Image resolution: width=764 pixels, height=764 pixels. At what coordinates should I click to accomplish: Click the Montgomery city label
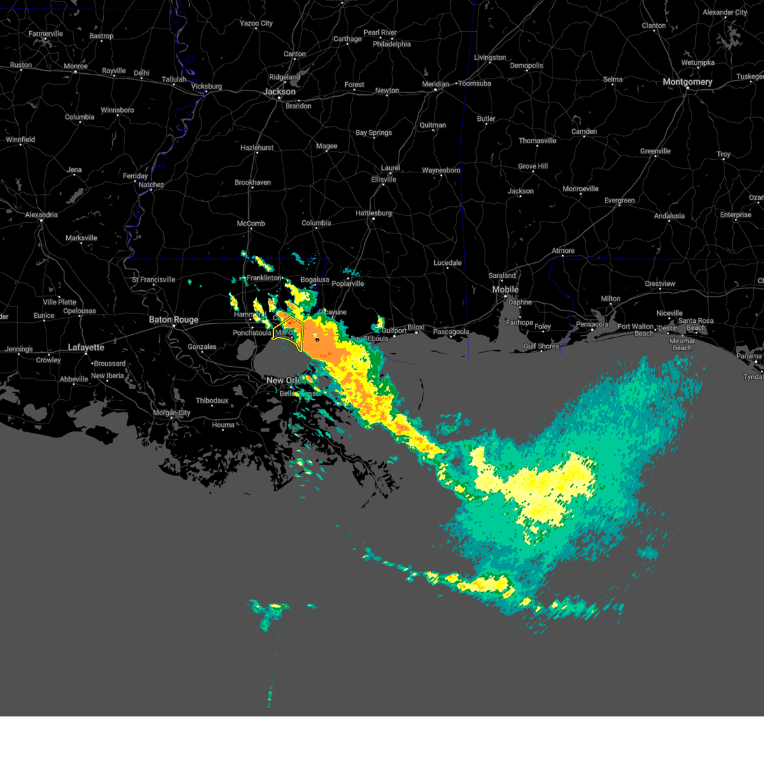tap(687, 82)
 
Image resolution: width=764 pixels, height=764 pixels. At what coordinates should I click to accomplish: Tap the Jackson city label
tap(279, 92)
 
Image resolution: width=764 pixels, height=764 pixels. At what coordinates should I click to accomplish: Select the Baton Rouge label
tap(174, 320)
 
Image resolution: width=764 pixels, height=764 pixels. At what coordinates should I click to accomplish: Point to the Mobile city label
tap(506, 290)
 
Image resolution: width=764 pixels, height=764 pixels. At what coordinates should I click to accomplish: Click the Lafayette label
tap(86, 348)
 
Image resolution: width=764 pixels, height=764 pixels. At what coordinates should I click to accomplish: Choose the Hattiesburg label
tap(374, 213)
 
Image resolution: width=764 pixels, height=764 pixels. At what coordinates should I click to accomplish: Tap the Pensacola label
tap(592, 325)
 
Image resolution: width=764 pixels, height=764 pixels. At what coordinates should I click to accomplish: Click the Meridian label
tap(435, 84)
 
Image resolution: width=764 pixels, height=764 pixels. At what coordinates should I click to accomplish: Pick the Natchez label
tap(151, 185)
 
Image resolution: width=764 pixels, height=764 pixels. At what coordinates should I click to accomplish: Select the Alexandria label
tap(41, 215)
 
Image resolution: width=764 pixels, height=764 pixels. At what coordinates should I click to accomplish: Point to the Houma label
tap(223, 425)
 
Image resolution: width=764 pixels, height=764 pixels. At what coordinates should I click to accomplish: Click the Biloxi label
tap(416, 327)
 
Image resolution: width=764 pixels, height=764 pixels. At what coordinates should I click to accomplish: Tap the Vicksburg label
tap(206, 87)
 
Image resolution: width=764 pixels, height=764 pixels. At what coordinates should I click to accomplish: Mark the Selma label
tap(612, 80)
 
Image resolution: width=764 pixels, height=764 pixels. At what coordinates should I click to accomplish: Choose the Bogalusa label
tap(315, 280)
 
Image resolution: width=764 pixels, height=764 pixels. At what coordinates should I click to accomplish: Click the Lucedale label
tap(448, 263)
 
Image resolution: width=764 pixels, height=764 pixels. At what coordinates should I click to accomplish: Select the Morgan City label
tap(171, 413)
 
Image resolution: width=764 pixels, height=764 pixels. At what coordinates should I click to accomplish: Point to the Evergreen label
tap(619, 201)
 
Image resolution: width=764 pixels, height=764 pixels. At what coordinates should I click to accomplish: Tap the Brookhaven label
tap(253, 183)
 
